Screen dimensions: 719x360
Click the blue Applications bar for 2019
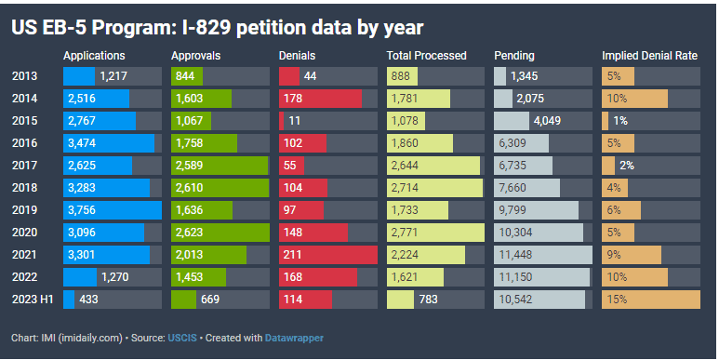point(113,210)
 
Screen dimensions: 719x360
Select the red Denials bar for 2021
point(328,255)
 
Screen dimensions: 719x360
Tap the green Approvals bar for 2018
point(220,188)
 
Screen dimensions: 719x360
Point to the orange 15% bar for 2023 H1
point(651,299)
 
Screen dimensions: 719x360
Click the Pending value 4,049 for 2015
point(548,121)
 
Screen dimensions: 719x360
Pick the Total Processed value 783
point(429,299)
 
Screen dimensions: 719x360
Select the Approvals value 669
point(210,299)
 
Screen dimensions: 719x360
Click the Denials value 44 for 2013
point(310,76)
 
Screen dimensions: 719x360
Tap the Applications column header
point(94,56)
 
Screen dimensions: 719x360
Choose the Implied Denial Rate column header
point(650,56)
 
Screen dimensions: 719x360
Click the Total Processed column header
point(426,56)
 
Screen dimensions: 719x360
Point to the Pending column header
point(514,56)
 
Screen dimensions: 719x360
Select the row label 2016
point(24,143)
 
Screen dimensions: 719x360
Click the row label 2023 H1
point(33,299)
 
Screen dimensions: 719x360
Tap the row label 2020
point(24,232)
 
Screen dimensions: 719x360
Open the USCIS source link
point(182,338)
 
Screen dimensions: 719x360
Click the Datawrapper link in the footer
point(294,338)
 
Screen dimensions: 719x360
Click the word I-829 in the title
point(206,28)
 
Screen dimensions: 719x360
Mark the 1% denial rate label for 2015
point(620,121)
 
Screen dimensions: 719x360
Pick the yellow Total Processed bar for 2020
point(435,232)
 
